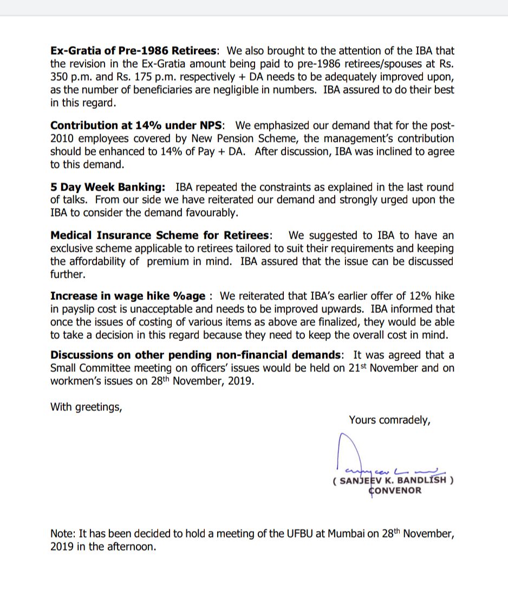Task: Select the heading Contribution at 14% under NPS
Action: [136, 126]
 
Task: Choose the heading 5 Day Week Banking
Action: [108, 187]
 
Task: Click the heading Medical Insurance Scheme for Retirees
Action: [160, 235]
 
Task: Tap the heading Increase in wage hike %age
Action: [128, 296]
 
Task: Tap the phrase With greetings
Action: [86, 407]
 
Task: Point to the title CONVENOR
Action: [395, 490]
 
